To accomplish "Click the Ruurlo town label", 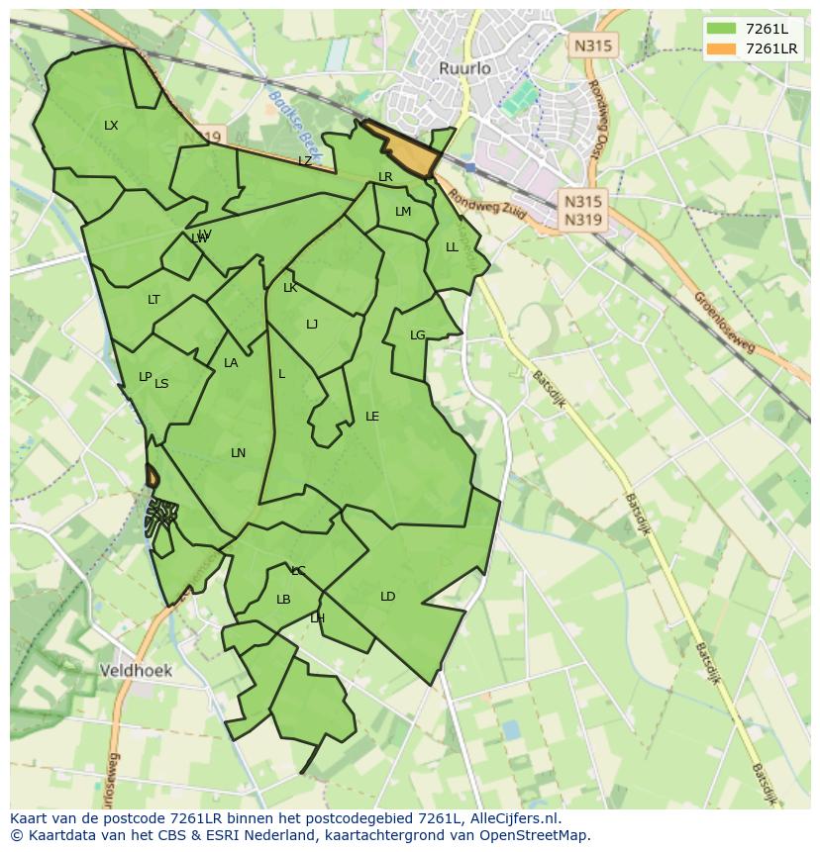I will (464, 68).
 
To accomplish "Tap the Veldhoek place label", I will (136, 671).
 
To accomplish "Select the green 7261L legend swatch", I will (722, 29).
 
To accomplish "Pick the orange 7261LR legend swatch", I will (722, 48).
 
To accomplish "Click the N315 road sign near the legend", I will (593, 46).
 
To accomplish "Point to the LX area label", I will (111, 126).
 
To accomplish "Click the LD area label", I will (387, 597).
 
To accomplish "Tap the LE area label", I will (372, 417).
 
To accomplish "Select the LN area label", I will (238, 453).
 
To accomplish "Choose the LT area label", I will (154, 300).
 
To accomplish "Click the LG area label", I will (417, 335).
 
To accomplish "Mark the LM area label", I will (403, 212).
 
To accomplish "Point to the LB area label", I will (283, 600).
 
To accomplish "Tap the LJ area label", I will (312, 325).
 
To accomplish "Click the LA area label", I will (231, 363).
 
